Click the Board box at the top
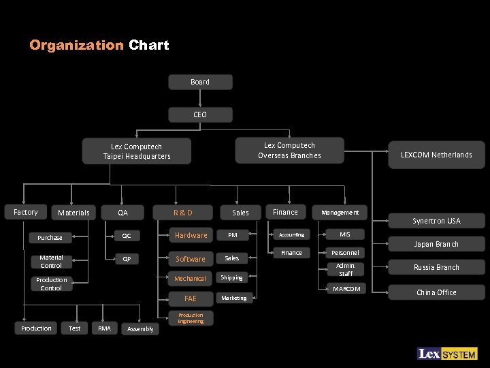pyautogui.click(x=200, y=82)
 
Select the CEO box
pyautogui.click(x=200, y=114)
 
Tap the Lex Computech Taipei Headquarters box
pyautogui.click(x=137, y=151)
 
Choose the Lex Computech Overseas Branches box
pyautogui.click(x=289, y=151)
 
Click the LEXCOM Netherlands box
pyautogui.click(x=436, y=155)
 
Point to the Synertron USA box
pyautogui.click(x=436, y=221)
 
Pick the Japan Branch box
pyautogui.click(x=436, y=244)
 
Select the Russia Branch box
pyautogui.click(x=436, y=267)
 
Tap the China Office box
pyautogui.click(x=436, y=292)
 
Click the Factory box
pyautogui.click(x=26, y=212)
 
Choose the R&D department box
pyautogui.click(x=183, y=213)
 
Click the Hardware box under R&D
pyautogui.click(x=191, y=235)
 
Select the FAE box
pyautogui.click(x=191, y=298)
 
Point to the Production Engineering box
pyautogui.click(x=191, y=318)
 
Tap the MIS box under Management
pyautogui.click(x=345, y=234)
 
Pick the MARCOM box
pyautogui.click(x=346, y=289)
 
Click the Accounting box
pyautogui.click(x=291, y=234)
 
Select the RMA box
pyautogui.click(x=104, y=328)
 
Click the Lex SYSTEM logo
pyautogui.click(x=447, y=354)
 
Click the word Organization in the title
pyautogui.click(x=76, y=46)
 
